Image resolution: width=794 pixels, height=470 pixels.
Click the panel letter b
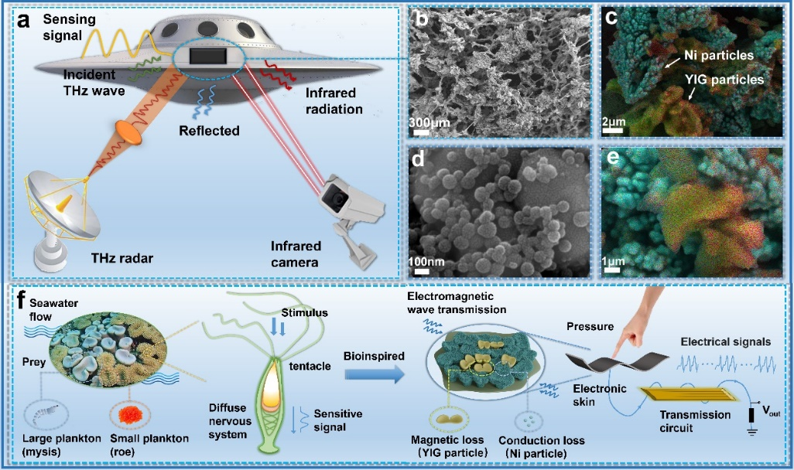click(x=422, y=21)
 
